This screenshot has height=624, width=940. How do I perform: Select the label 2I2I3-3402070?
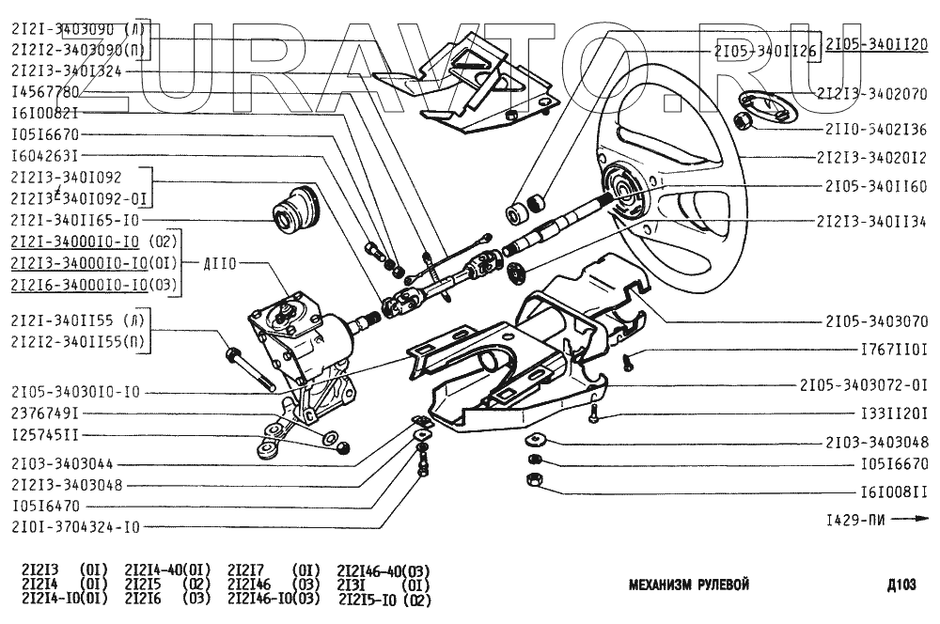click(x=872, y=94)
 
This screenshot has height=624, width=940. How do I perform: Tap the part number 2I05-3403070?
click(x=877, y=320)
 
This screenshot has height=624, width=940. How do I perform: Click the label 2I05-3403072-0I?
click(x=864, y=384)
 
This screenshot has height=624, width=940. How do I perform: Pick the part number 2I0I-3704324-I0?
click(x=75, y=527)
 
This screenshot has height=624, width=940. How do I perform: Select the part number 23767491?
click(x=44, y=413)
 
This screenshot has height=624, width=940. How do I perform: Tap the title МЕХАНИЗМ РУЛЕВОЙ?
click(x=688, y=585)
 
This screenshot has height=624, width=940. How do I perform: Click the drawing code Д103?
click(x=901, y=585)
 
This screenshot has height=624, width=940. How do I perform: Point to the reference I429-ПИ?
click(x=854, y=519)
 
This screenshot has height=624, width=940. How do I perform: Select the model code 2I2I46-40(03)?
click(x=383, y=570)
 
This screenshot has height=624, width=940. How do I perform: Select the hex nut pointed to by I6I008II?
click(x=531, y=481)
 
